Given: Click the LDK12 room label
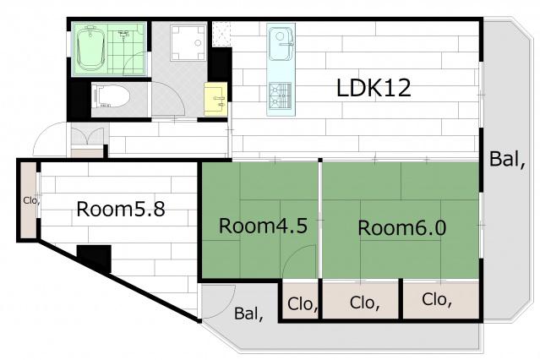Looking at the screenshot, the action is (374, 88).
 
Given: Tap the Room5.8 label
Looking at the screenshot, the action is (121, 209).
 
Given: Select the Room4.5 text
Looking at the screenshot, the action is (263, 226).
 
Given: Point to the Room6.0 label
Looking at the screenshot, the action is (402, 227).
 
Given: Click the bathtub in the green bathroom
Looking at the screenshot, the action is (90, 48).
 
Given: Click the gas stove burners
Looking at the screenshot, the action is (280, 95).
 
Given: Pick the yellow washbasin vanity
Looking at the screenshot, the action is (215, 99).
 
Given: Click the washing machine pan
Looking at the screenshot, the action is (188, 43).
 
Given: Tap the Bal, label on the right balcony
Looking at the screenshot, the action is (507, 160).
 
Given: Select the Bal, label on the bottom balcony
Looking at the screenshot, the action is (248, 314).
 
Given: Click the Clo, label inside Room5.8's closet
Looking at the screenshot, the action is (31, 200).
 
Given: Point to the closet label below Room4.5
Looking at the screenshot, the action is (303, 304).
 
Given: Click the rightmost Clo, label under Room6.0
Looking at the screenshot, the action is (437, 300).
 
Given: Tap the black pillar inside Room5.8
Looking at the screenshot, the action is (94, 257).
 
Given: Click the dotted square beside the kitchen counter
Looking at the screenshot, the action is (221, 34).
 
